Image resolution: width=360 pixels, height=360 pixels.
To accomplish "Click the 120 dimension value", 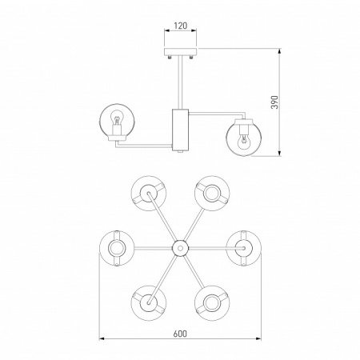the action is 181,26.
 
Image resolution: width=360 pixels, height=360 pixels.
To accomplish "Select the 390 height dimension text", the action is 274,102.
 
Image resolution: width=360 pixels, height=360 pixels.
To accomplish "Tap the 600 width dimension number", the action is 180,334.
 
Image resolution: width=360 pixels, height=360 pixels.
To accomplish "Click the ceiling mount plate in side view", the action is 180,52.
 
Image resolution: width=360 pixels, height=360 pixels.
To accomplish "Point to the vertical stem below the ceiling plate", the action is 180,82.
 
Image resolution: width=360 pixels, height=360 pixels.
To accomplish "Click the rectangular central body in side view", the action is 180,130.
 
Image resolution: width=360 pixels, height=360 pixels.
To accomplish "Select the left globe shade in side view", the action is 118,122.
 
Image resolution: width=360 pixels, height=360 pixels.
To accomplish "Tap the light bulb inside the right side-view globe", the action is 243,142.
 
